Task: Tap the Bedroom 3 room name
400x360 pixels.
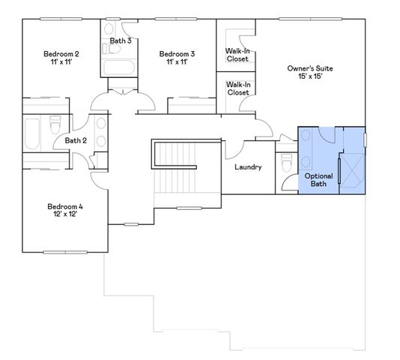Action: tap(177, 54)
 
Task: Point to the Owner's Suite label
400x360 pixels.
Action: tap(309, 69)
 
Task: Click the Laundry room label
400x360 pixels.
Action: tap(247, 167)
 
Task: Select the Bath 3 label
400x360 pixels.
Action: tap(121, 40)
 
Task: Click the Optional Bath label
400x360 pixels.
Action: tap(318, 179)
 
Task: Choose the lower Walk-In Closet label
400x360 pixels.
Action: tap(237, 89)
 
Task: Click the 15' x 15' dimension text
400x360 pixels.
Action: tap(309, 76)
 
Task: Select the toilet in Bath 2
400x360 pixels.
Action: tap(55, 125)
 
